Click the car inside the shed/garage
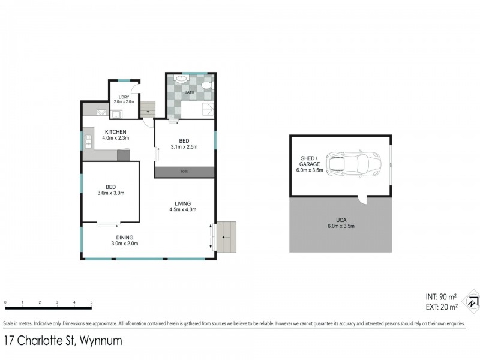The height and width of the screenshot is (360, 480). click(x=353, y=162)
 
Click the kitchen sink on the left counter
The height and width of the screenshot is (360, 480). click(x=88, y=142)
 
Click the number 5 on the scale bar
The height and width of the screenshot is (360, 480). click(x=91, y=302)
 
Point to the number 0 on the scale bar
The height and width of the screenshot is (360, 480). click(x=5, y=302)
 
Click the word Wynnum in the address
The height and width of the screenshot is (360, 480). click(x=100, y=341)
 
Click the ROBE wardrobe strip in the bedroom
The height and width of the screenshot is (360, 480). click(x=184, y=172)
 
